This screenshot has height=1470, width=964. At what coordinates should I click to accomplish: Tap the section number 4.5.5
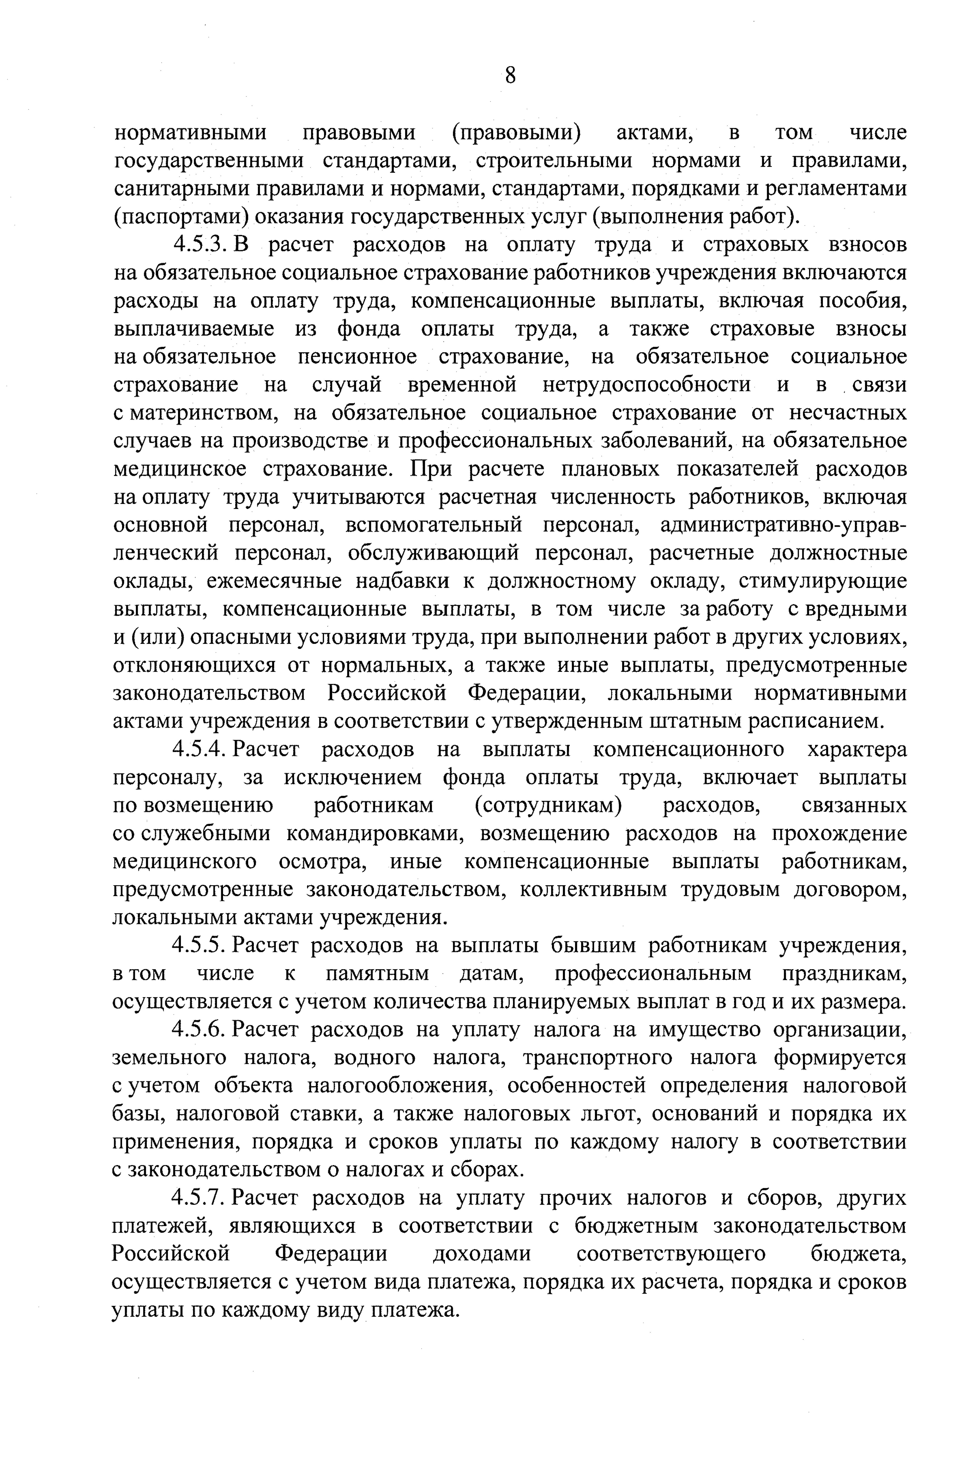[x=201, y=946]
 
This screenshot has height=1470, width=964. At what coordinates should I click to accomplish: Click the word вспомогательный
[x=433, y=525]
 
